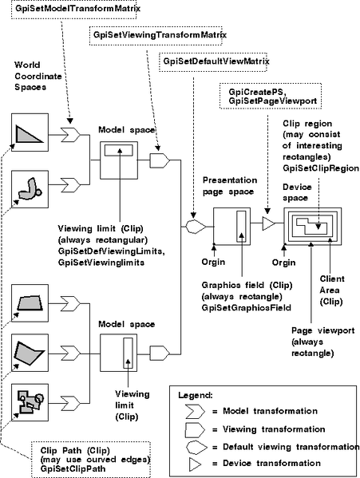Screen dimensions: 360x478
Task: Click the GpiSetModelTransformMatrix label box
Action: tap(75, 9)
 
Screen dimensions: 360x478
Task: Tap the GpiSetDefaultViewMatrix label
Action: tap(213, 61)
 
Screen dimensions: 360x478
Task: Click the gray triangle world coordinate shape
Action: tap(30, 134)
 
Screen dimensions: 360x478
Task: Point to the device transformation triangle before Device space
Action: tap(268, 223)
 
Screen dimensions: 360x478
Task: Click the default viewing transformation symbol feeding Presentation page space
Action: tap(196, 227)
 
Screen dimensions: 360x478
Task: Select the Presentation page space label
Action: tap(230, 186)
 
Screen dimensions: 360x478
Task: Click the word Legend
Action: tap(196, 395)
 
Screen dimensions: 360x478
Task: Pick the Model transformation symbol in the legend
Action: tap(195, 412)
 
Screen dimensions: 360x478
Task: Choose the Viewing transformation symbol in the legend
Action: tap(195, 430)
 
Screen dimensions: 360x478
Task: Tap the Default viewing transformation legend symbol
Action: tap(196, 447)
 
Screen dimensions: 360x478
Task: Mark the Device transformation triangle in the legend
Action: tap(195, 464)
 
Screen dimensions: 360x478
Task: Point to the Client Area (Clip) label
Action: tap(332, 290)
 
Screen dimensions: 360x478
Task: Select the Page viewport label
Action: tap(322, 342)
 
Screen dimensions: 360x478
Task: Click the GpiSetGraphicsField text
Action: tap(247, 308)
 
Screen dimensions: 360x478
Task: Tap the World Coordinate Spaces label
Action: tap(38, 76)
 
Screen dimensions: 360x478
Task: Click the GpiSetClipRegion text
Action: tap(321, 168)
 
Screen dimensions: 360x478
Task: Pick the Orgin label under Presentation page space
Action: tap(213, 262)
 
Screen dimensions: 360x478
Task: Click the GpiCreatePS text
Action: tap(257, 92)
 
